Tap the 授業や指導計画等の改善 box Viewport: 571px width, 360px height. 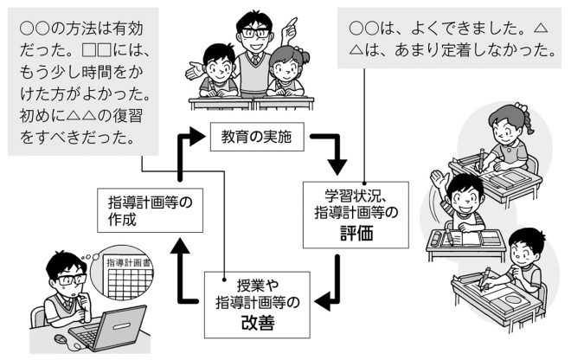point(256,304)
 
